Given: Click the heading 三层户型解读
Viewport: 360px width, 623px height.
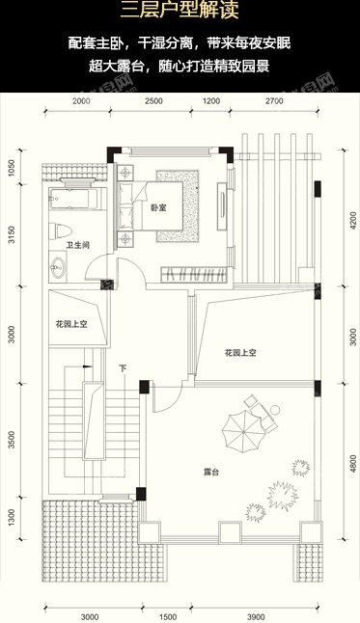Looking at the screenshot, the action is [x=180, y=14].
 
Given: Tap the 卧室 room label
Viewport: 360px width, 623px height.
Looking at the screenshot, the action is [x=158, y=208].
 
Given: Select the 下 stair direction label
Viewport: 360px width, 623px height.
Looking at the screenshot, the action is [x=124, y=368].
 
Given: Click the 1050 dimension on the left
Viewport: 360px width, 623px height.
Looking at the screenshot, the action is [x=11, y=169].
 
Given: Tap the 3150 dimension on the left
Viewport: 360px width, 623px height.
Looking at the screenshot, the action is [x=11, y=237].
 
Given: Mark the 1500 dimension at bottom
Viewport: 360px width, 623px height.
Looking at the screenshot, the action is [x=166, y=615].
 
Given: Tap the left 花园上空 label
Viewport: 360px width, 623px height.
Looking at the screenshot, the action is [x=71, y=325].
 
